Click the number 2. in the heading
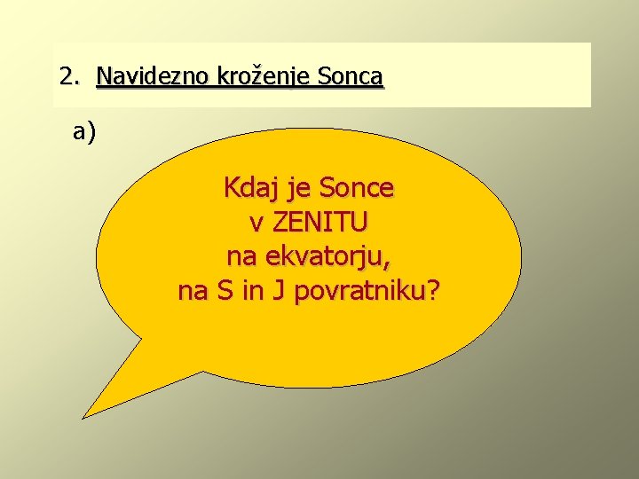pyautogui.click(x=69, y=76)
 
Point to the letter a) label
pyautogui.click(x=85, y=132)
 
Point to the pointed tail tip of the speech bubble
pyautogui.click(x=84, y=416)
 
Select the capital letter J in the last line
pyautogui.click(x=278, y=291)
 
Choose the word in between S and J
pyautogui.click(x=253, y=291)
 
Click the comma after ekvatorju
pyautogui.click(x=390, y=264)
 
